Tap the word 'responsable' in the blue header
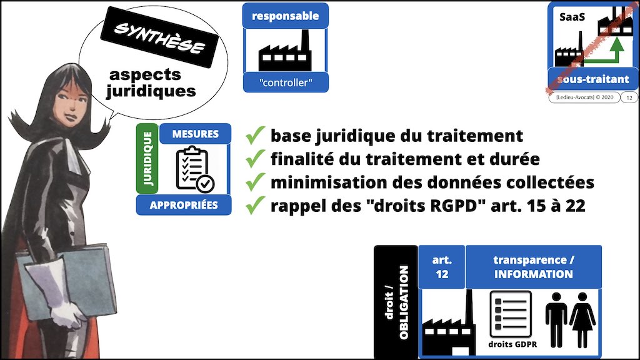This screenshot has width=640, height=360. click(x=285, y=16)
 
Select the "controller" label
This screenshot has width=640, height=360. click(x=285, y=82)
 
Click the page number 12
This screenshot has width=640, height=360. click(x=627, y=97)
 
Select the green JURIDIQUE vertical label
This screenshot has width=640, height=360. click(x=147, y=158)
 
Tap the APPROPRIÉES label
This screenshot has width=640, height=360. click(x=184, y=205)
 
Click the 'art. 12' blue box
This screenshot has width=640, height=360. click(x=441, y=266)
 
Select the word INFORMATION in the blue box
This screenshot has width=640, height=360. click(x=533, y=274)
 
